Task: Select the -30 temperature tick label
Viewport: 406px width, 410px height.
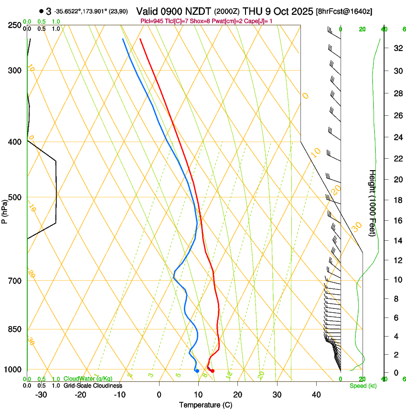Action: coord(41,395)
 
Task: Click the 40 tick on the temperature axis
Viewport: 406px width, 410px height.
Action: coord(316,395)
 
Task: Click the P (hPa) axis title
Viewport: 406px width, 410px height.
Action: coord(4,210)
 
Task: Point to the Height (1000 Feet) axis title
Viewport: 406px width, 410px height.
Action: coord(373,203)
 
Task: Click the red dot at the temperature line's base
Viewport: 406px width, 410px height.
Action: coord(213,371)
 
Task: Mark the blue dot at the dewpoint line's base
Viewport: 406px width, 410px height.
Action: coord(197,371)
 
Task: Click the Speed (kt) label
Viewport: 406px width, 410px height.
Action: coord(360,386)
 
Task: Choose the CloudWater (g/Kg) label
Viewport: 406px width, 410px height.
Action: coord(88,379)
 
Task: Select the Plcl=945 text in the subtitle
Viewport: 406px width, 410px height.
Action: coord(153,21)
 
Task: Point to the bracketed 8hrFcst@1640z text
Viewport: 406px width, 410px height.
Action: coord(344,11)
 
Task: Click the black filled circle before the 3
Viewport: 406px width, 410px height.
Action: coord(42,11)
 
